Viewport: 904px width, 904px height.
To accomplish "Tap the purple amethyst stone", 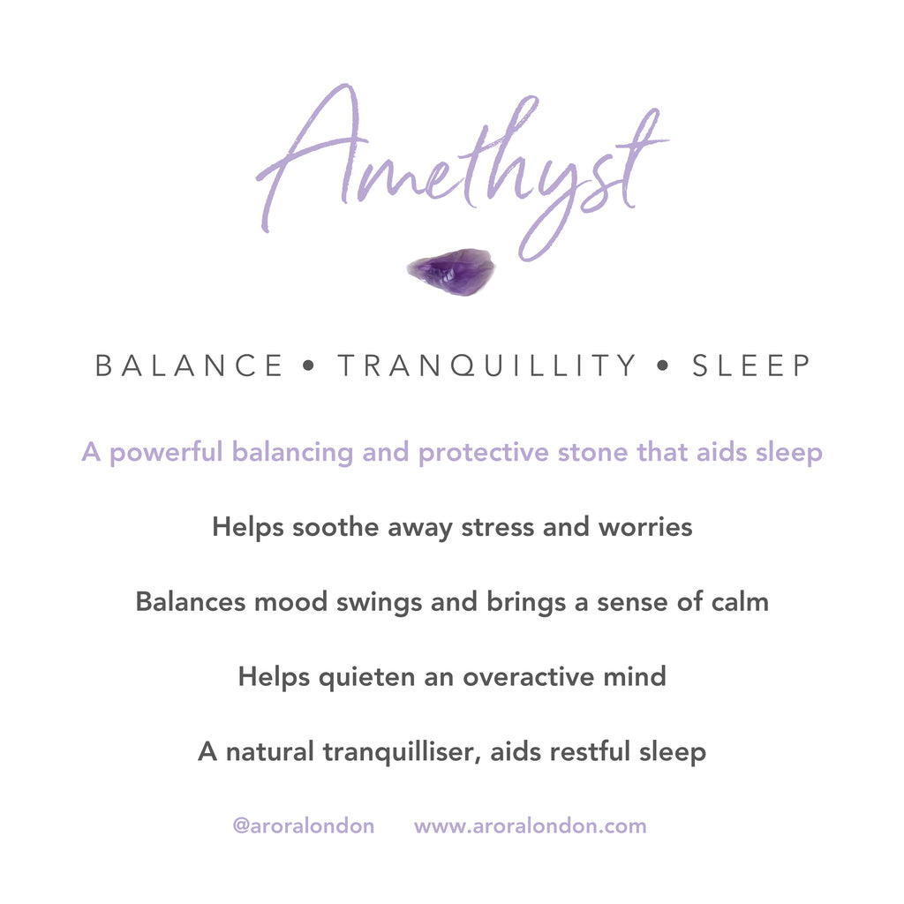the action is click(x=451, y=272).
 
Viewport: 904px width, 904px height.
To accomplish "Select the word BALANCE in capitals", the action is click(x=189, y=365).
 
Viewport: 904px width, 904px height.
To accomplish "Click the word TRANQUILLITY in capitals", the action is click(x=486, y=366).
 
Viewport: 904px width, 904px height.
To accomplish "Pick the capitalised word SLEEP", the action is click(x=751, y=365).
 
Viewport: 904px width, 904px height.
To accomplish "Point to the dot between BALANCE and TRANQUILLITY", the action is click(x=309, y=365).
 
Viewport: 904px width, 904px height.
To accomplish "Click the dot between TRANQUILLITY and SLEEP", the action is click(x=663, y=365).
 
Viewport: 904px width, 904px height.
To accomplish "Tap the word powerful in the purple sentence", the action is click(x=166, y=453).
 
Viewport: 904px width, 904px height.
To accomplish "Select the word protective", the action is click(x=484, y=453).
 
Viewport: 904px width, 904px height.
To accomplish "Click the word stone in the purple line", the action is click(x=592, y=453).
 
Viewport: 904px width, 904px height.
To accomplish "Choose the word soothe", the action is click(x=335, y=527).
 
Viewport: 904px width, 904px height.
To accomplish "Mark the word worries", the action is click(x=645, y=528).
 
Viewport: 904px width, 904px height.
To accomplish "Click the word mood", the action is click(x=291, y=602).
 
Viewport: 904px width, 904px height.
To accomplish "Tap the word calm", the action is click(x=741, y=602).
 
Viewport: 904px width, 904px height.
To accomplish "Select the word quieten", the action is click(x=366, y=677).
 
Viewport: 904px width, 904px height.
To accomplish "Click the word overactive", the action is click(x=529, y=677).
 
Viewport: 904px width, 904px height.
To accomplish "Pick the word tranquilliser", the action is click(x=403, y=752).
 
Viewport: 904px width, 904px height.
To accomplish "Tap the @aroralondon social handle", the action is click(x=304, y=826).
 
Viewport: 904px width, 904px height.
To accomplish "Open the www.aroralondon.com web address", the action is click(x=531, y=826).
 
